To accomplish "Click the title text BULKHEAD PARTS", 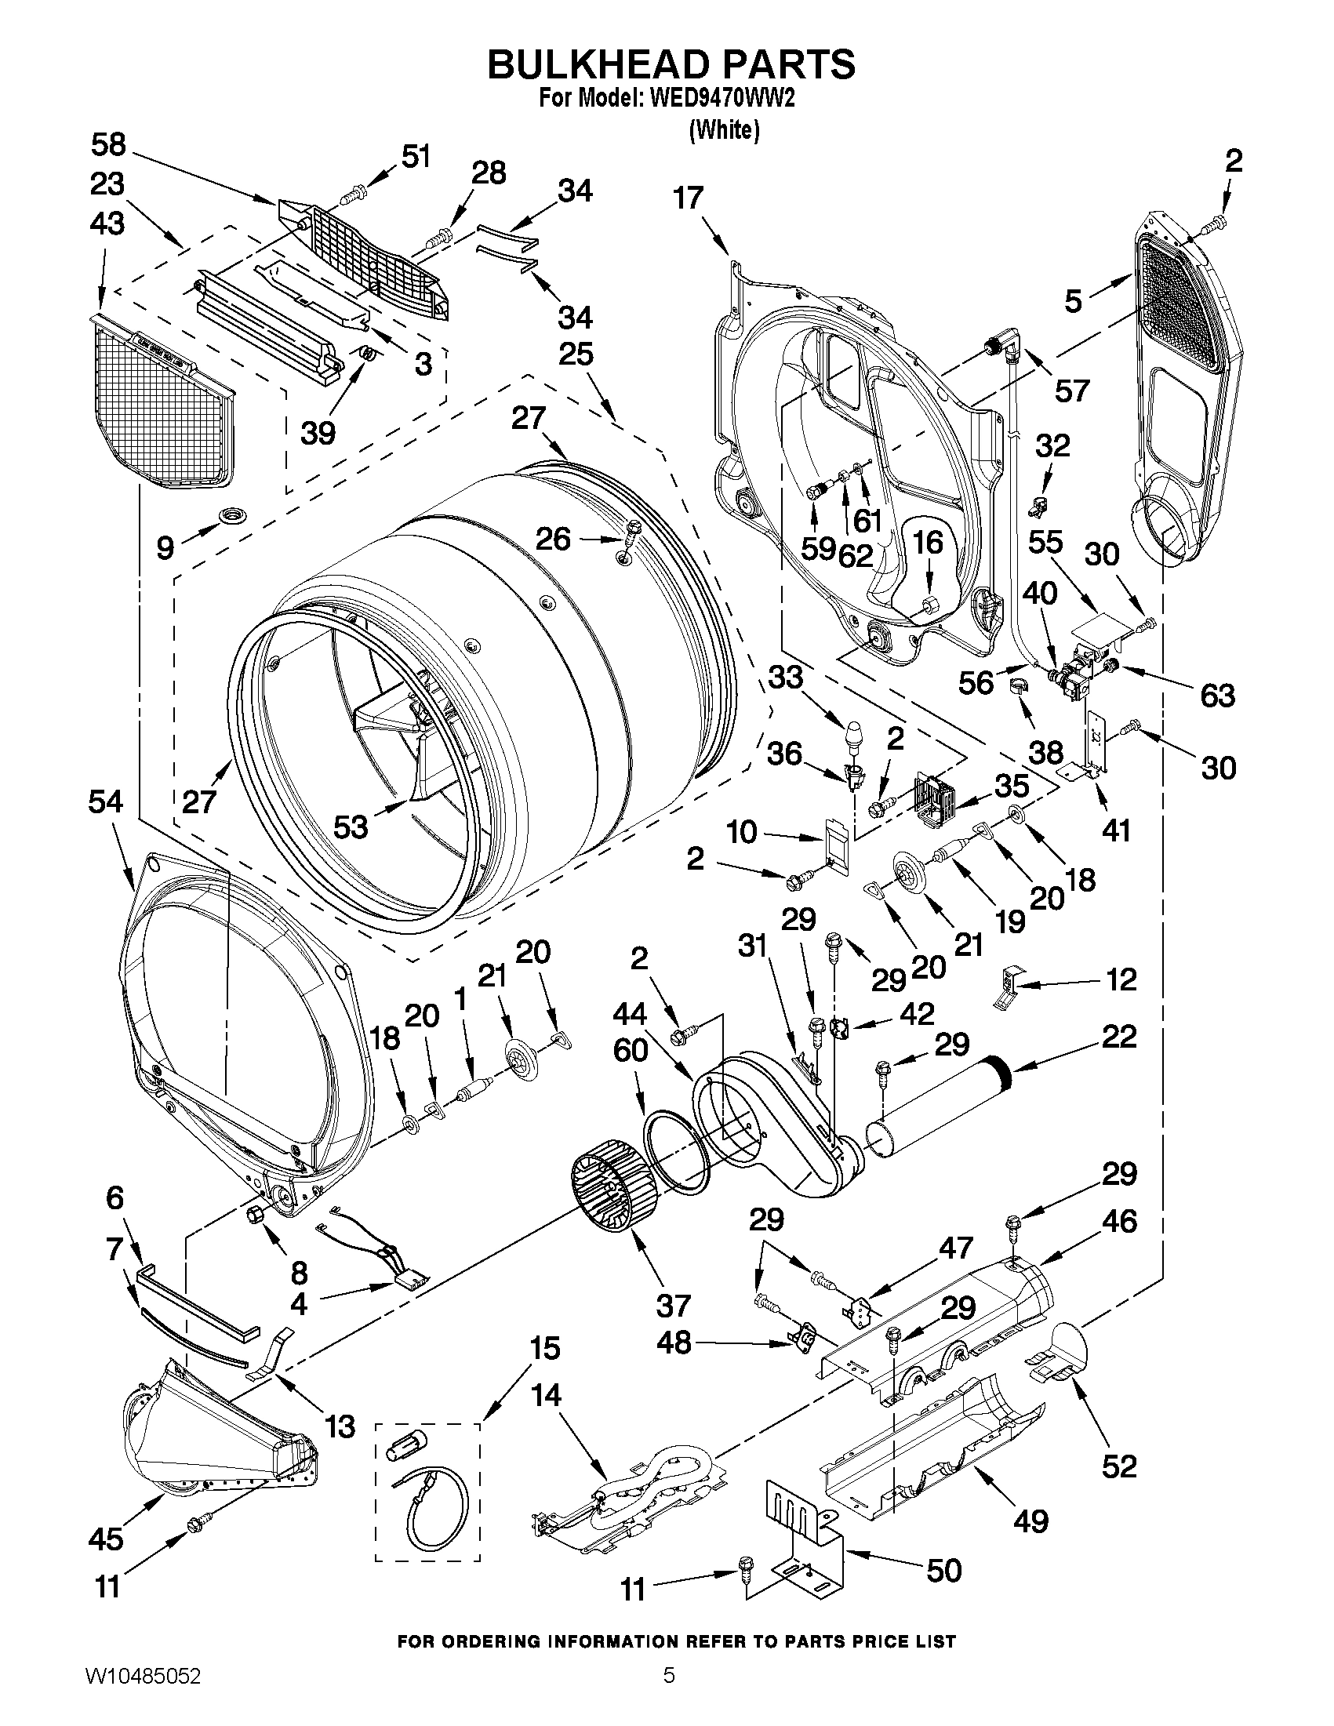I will click(671, 64).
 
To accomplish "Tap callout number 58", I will click(108, 145).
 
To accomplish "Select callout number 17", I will click(689, 198).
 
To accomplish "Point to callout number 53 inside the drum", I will click(350, 827).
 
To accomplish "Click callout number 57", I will click(1071, 390).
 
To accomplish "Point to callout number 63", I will click(1217, 696).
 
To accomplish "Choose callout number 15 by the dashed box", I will click(543, 1348).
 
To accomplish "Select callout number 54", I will click(107, 802).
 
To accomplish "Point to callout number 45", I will click(107, 1538).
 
